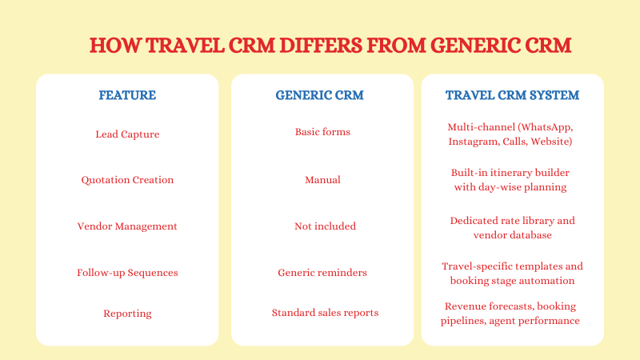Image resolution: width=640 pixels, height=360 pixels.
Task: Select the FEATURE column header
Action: coord(127,95)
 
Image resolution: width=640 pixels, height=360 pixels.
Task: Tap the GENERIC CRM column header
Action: coord(319,95)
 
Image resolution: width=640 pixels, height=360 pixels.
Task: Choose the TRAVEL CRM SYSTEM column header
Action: coord(512,95)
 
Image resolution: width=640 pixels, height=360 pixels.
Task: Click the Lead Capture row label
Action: coord(127,134)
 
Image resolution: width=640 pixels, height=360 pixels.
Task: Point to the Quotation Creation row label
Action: coord(127,180)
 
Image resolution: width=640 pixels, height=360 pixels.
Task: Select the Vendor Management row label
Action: coord(127,226)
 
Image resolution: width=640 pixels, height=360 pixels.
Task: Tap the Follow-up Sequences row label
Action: coord(127,273)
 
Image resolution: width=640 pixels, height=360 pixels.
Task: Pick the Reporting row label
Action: coord(127,313)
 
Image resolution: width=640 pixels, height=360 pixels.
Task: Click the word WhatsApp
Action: coord(547,128)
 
